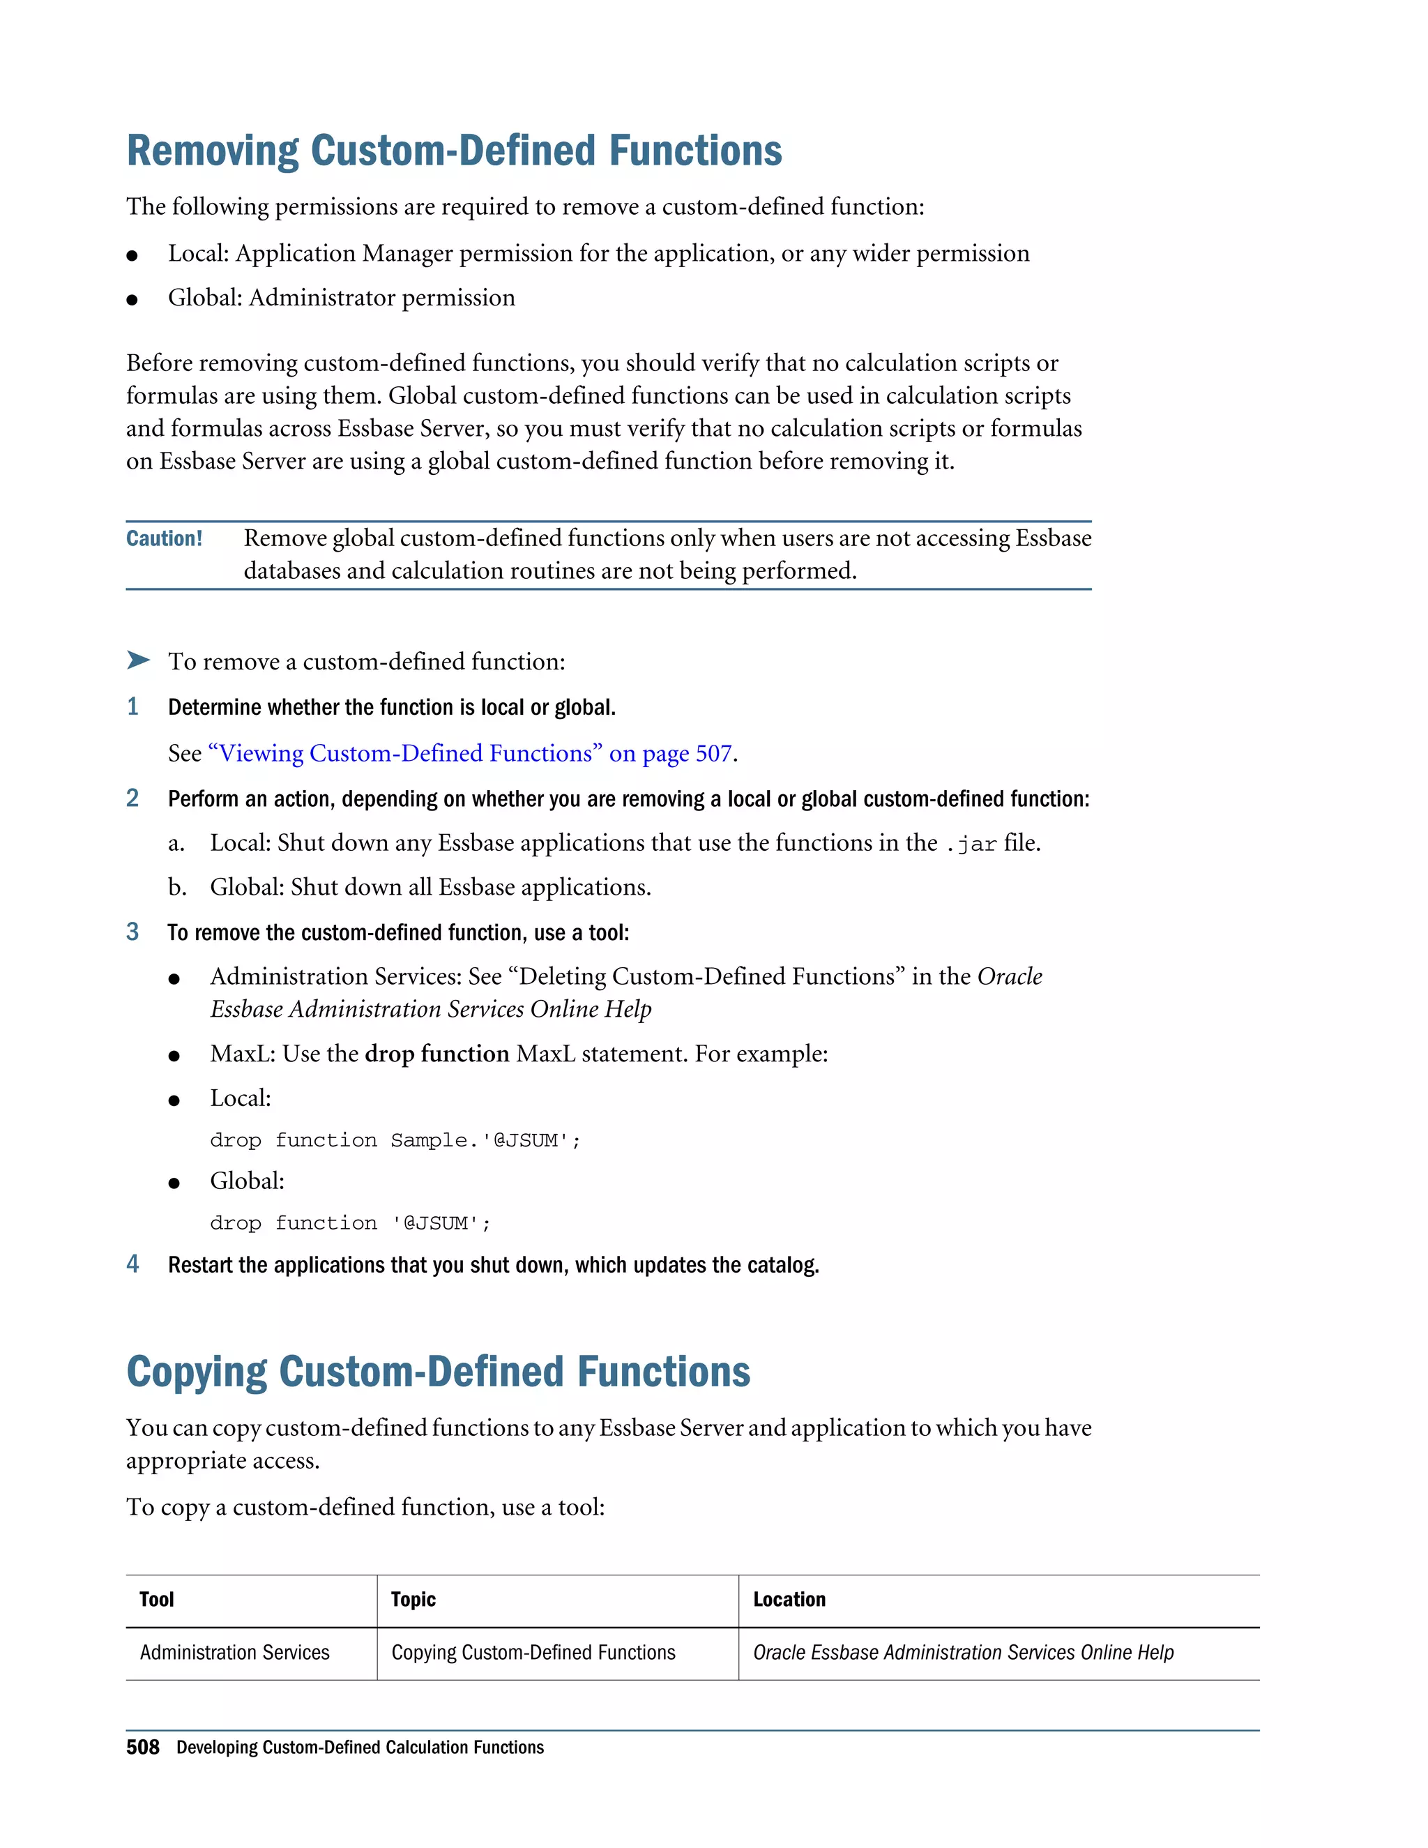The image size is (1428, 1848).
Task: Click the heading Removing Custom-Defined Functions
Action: coord(455,151)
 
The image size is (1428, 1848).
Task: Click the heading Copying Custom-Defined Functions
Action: coord(438,1372)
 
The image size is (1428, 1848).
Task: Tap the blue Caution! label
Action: coord(164,538)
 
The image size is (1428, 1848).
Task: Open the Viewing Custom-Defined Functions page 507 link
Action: coord(469,753)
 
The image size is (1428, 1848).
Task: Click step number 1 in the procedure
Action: coord(132,706)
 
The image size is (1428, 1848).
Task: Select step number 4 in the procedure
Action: coord(132,1264)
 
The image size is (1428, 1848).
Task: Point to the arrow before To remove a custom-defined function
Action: coord(138,660)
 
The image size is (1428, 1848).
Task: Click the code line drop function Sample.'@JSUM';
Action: coord(395,1141)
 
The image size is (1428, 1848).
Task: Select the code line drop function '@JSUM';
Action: coord(350,1224)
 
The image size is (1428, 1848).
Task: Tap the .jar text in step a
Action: coord(971,844)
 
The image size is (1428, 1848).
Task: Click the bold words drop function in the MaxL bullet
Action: coord(436,1054)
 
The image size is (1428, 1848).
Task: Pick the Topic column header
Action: coord(413,1599)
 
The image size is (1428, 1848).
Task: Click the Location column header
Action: coord(789,1599)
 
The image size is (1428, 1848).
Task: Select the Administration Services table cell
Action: coord(234,1653)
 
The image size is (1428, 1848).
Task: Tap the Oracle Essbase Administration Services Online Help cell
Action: coord(963,1653)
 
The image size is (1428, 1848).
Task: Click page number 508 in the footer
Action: coord(142,1748)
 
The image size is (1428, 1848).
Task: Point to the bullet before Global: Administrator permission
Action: coord(132,300)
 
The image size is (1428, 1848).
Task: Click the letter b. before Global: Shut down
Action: coord(177,887)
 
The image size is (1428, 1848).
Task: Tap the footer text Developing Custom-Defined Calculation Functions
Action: coord(360,1748)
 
